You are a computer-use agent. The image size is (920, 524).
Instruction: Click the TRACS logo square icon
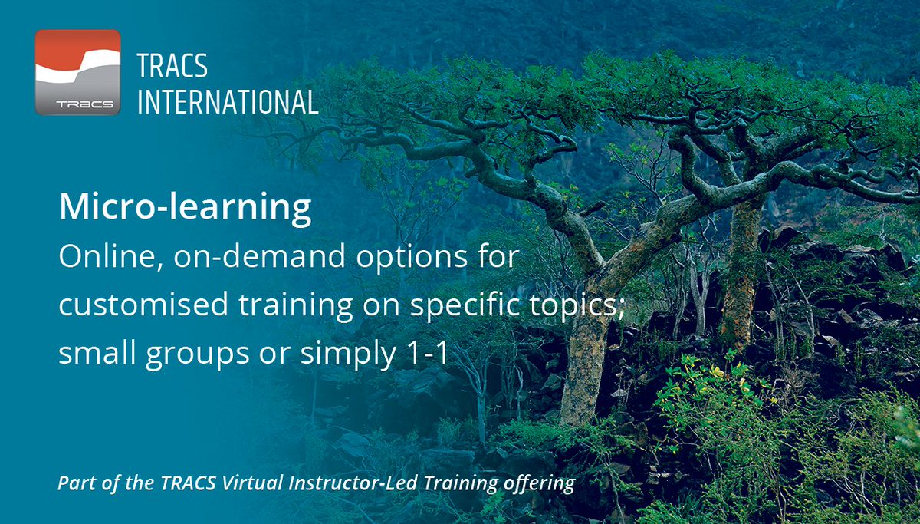[x=77, y=71]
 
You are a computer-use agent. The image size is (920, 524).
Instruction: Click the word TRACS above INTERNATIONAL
[x=172, y=67]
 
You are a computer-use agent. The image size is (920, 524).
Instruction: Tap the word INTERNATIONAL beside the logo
[x=228, y=101]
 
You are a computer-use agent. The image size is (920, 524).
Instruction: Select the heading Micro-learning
[x=185, y=208]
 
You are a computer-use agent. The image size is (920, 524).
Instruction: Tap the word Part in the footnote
[x=73, y=484]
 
